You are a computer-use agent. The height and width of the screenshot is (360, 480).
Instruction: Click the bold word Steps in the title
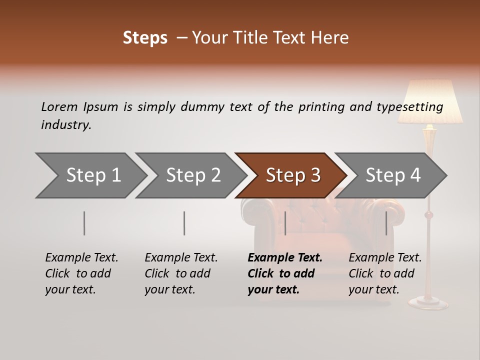[145, 38]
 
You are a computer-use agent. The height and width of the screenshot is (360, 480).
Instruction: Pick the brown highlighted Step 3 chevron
[293, 175]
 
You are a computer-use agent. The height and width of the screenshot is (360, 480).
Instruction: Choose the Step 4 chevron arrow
[393, 175]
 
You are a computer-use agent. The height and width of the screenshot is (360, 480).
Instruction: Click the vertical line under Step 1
[84, 223]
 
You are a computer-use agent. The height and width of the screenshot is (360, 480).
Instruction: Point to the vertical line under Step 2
[184, 223]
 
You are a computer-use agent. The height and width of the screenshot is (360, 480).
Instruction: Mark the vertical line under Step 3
[285, 223]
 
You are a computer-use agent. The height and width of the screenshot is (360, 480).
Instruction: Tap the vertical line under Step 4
[386, 223]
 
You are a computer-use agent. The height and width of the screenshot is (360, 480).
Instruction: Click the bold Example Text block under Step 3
[284, 273]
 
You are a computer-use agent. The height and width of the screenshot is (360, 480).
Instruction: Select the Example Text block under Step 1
[81, 273]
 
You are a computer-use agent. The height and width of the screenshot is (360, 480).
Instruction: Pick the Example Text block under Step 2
[181, 273]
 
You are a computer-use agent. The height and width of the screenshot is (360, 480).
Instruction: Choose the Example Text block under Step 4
[385, 273]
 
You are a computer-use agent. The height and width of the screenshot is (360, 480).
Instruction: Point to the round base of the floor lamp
[428, 302]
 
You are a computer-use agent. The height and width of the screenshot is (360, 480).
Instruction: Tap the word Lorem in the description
[59, 106]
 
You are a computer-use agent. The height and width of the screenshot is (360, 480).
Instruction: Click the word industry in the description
[65, 125]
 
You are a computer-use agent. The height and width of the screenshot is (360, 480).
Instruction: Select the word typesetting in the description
[409, 106]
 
